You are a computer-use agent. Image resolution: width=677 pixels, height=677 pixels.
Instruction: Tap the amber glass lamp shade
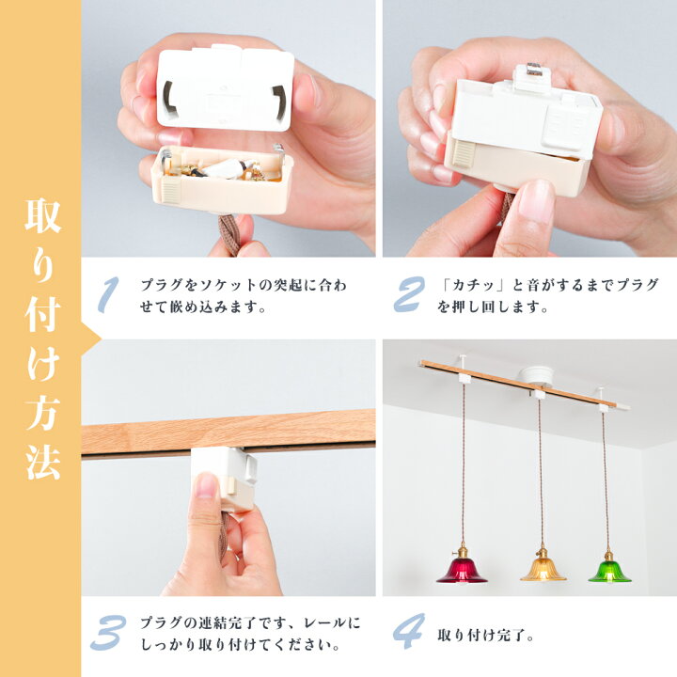pos(543,570)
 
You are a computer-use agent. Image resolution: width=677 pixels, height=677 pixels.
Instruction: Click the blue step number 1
pos(108,294)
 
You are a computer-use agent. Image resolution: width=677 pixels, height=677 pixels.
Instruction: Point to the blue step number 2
pos(409,294)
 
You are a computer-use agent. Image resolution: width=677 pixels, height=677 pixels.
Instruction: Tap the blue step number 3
pos(108,633)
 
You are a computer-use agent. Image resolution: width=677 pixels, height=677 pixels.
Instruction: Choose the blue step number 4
pos(408,631)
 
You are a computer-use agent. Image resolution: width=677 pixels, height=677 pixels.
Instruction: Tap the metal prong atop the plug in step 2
pos(534,69)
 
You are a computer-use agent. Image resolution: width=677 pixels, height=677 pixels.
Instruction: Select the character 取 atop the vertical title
pos(42,215)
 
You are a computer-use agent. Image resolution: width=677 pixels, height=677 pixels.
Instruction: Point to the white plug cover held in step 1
pos(226,88)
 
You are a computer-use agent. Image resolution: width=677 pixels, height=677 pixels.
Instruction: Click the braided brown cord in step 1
pos(229,234)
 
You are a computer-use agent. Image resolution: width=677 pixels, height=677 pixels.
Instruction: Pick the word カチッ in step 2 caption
pos(473,285)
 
